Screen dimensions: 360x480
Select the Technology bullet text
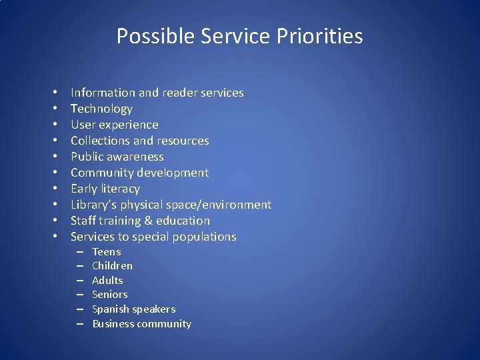(101, 109)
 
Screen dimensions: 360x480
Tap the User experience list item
(114, 125)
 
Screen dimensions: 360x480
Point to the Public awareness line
(117, 157)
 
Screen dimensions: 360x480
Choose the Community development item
(139, 173)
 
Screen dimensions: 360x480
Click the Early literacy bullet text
(105, 189)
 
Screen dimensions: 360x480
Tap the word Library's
(94, 205)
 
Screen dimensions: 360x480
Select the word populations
(203, 237)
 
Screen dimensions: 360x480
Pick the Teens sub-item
(106, 251)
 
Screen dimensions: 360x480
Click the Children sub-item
(112, 265)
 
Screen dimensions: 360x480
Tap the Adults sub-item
(107, 280)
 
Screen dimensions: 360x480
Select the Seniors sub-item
(109, 294)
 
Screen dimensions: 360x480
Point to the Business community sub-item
(141, 324)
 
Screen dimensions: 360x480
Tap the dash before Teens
(79, 251)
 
